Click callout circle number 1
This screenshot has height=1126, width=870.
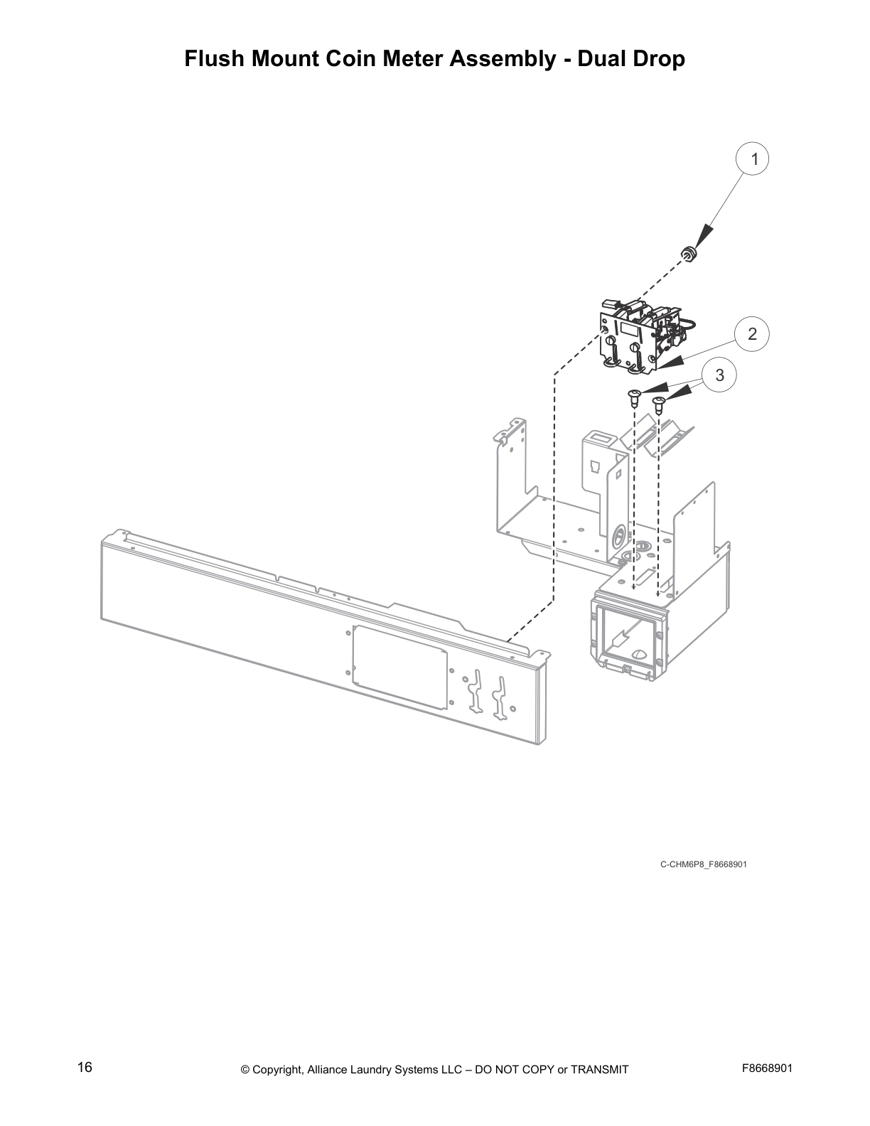coord(755,159)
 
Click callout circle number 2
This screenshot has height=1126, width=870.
coord(752,333)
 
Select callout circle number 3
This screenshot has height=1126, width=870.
coord(719,375)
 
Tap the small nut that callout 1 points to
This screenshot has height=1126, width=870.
coord(688,252)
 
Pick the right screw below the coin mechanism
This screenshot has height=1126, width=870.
coord(659,406)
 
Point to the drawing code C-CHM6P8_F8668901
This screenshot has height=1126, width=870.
coord(703,864)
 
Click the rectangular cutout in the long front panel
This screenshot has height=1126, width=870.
coord(399,666)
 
